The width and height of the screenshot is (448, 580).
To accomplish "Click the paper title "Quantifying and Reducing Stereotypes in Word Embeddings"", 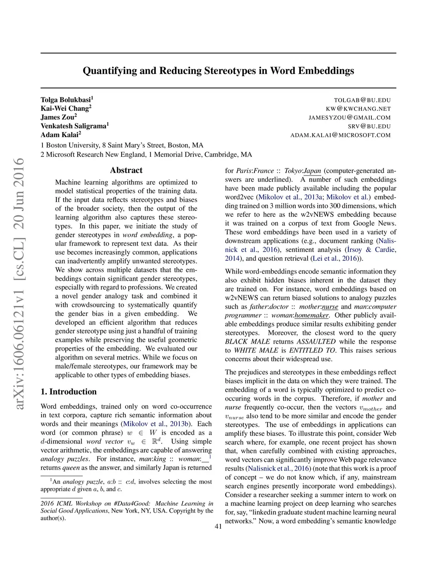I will (x=218, y=71).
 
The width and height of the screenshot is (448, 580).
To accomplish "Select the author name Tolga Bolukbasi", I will (x=66, y=100).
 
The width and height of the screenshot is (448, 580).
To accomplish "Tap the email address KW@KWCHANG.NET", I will (x=358, y=109).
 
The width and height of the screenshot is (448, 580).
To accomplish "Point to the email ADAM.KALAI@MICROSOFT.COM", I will (x=340, y=135).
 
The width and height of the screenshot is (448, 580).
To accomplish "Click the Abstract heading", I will (x=126, y=170).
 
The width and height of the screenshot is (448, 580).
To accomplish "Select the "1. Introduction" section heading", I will (x=68, y=392).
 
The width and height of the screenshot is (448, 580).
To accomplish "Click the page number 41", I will (x=218, y=527).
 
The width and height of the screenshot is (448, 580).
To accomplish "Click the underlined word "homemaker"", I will (x=311, y=315).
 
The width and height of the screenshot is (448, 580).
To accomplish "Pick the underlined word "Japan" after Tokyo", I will (x=312, y=171).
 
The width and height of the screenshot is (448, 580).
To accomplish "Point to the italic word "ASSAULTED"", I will (x=316, y=341).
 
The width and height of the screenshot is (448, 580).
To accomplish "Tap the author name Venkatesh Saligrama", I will (x=73, y=126).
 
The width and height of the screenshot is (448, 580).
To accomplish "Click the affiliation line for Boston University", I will (x=122, y=145).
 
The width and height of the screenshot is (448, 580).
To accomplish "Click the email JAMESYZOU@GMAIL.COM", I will (x=350, y=118).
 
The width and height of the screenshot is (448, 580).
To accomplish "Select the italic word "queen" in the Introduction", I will (x=71, y=468).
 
